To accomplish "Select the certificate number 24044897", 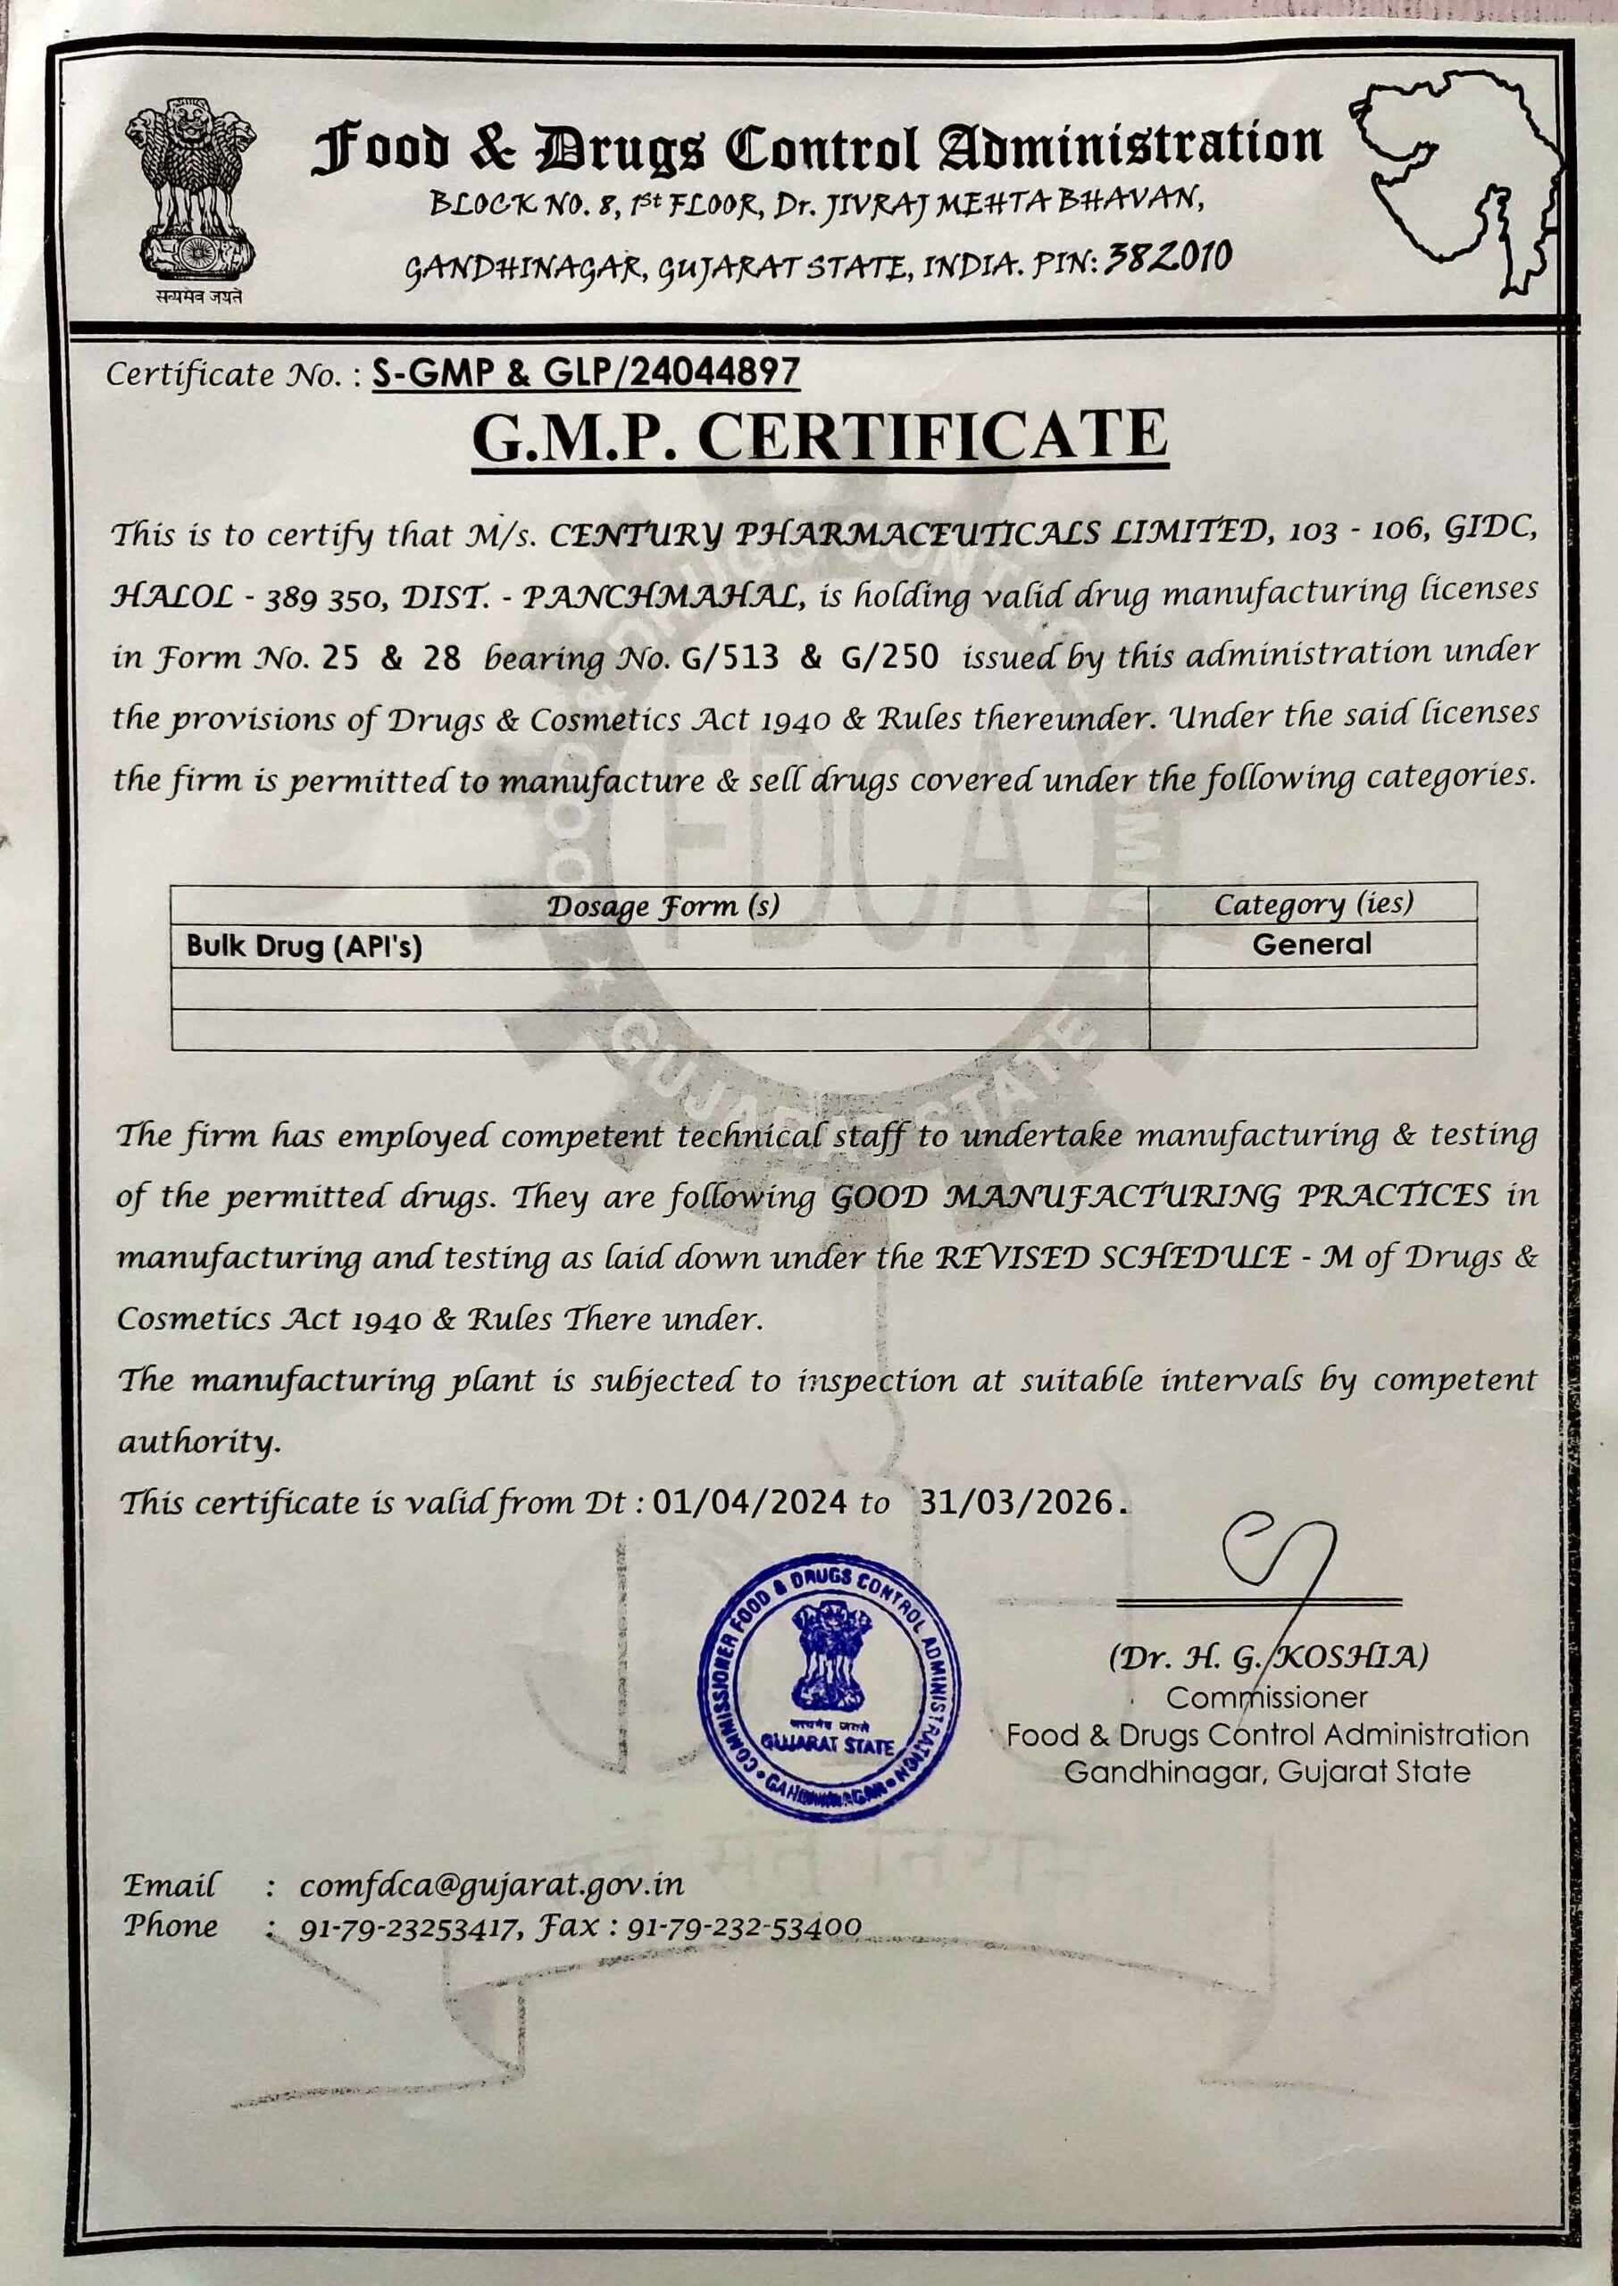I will point(715,371).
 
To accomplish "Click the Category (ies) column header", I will point(1312,904).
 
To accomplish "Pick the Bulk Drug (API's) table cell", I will point(304,946).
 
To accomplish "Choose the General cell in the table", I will point(1311,943).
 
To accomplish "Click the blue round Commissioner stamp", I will point(829,1686).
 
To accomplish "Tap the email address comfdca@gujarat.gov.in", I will point(491,1884).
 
